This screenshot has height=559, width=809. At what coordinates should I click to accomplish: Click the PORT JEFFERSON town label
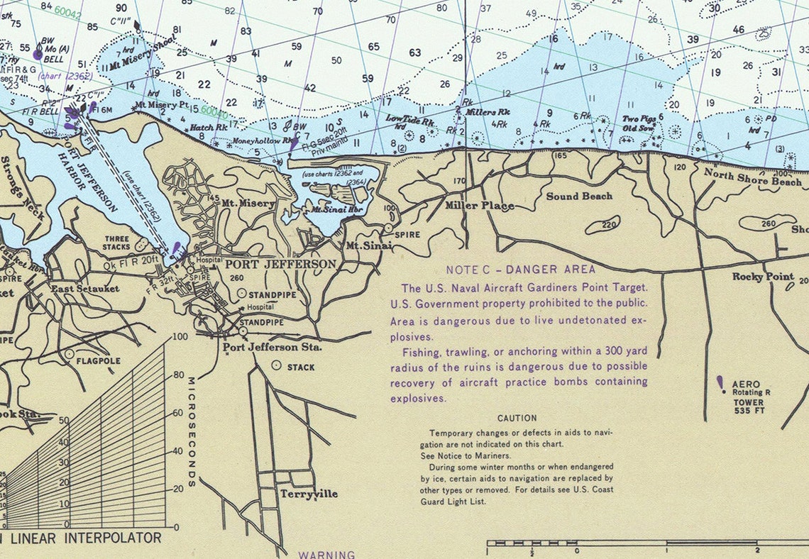(x=280, y=265)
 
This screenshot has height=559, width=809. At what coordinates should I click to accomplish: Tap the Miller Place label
(x=479, y=206)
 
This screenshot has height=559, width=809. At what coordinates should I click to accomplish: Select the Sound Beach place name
(x=578, y=196)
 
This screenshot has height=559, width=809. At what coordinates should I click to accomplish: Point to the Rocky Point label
(x=763, y=277)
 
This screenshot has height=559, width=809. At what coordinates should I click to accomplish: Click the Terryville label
(x=309, y=494)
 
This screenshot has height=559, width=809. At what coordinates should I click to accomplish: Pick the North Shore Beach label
(x=752, y=177)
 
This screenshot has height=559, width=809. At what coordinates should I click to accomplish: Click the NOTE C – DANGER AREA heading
(x=521, y=270)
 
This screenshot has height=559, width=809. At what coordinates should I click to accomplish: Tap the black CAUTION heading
(x=517, y=419)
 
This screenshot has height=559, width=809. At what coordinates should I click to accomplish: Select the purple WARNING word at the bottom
(x=326, y=554)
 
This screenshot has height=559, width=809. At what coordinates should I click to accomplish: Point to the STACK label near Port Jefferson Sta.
(x=301, y=367)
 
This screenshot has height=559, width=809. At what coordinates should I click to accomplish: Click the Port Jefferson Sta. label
(x=272, y=348)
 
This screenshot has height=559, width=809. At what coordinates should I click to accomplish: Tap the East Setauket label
(x=84, y=289)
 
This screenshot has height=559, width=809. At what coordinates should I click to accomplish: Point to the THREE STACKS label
(x=117, y=243)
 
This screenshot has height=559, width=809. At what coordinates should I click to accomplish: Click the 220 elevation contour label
(x=609, y=226)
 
